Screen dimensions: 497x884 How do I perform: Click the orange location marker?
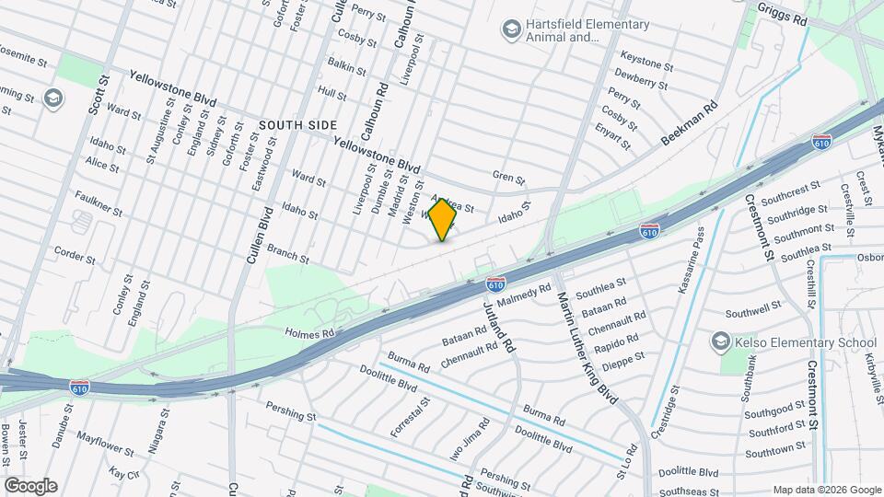[x=443, y=219]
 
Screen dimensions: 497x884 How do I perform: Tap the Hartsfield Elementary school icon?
[x=510, y=30]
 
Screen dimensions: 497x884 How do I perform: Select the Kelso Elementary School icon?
[x=720, y=342]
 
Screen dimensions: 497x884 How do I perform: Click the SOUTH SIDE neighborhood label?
[x=297, y=124]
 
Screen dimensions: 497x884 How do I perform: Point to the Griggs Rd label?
[x=782, y=13]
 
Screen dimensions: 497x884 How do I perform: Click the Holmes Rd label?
[x=308, y=332]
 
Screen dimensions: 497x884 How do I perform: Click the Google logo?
[x=30, y=485]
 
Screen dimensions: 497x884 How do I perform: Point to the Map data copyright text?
[x=825, y=490]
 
